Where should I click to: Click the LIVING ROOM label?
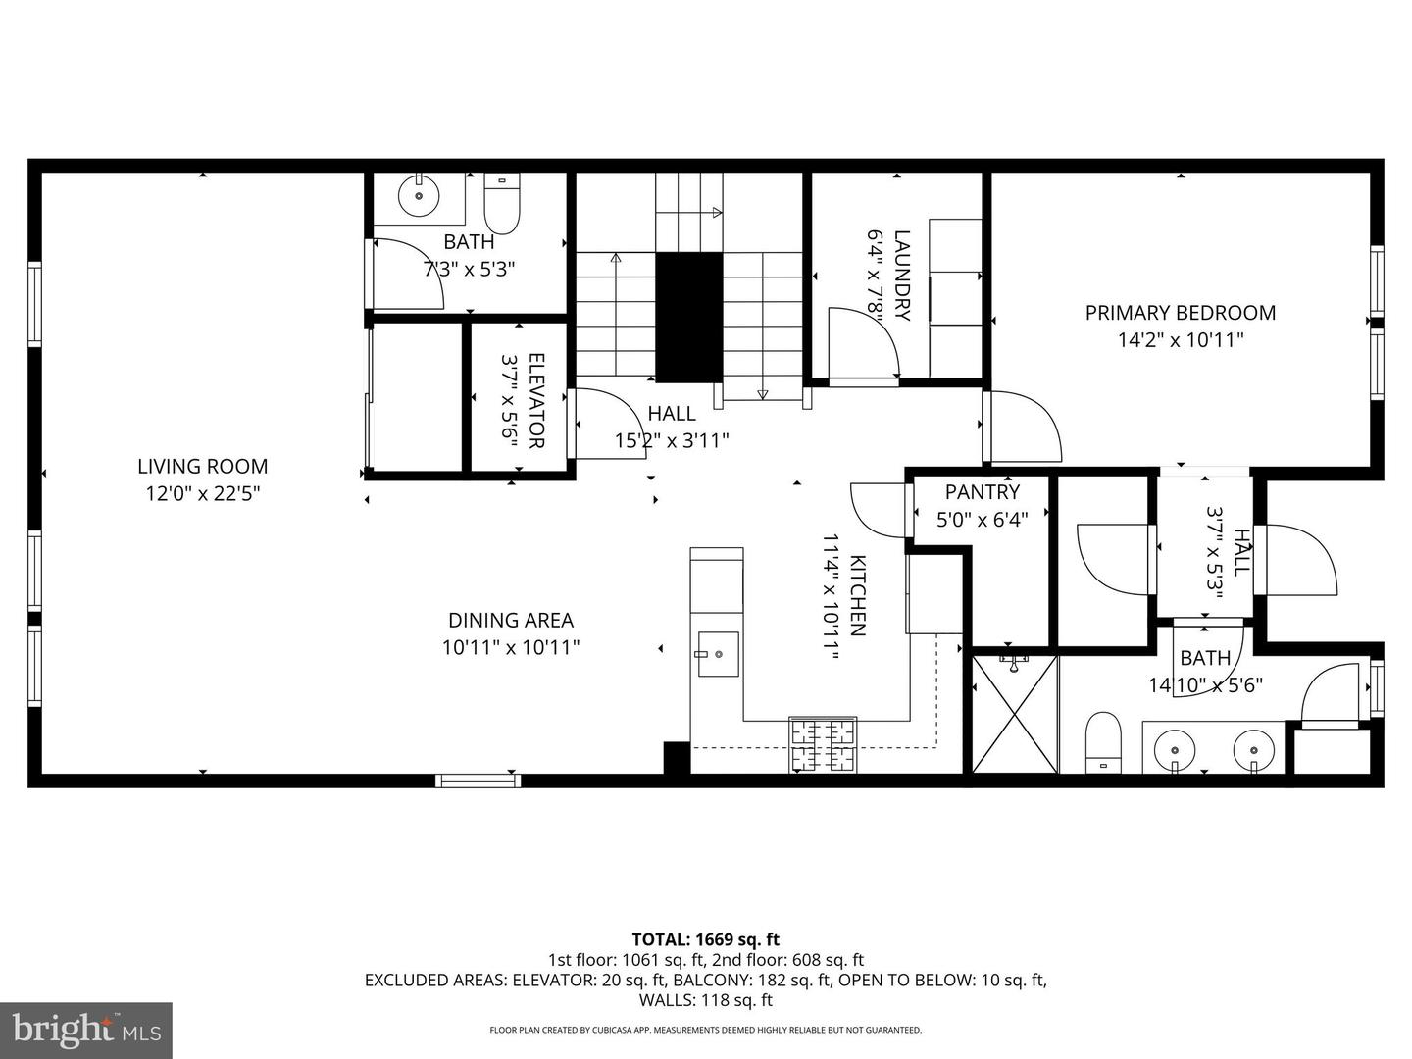tap(203, 466)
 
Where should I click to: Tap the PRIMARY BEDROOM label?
tap(1181, 313)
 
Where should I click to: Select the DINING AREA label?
tap(511, 621)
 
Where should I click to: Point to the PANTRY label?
tap(983, 492)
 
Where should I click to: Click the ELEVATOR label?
tap(536, 400)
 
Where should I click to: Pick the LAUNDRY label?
tap(902, 276)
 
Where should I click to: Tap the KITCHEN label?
tap(858, 595)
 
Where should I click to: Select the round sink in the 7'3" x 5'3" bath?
tap(419, 195)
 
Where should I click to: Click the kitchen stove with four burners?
tap(823, 744)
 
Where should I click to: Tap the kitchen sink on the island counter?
tap(718, 654)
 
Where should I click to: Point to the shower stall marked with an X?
tap(1015, 714)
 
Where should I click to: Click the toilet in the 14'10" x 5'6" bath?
tap(1103, 741)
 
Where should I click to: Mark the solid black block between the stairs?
tap(689, 318)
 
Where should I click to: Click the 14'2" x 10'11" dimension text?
tap(1181, 340)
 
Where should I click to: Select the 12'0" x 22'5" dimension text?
tap(203, 494)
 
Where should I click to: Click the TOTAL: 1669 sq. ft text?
tap(706, 940)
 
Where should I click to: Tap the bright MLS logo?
tap(86, 1031)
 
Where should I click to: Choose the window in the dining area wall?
tap(478, 781)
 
